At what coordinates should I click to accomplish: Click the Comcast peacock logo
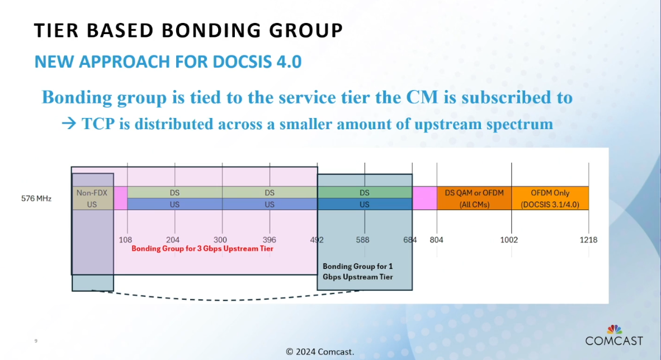[614, 329]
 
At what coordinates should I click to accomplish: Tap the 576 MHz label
[36, 198]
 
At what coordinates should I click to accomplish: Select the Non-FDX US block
[92, 198]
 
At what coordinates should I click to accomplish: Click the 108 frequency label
[125, 240]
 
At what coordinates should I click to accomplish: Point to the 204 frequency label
[173, 240]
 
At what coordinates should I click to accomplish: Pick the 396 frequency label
[270, 240]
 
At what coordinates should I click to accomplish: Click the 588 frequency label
[362, 240]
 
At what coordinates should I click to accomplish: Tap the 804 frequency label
[436, 240]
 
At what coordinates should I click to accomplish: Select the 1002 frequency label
[509, 240]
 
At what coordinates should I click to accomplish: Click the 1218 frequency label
[588, 240]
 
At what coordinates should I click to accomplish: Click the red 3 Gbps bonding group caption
[202, 249]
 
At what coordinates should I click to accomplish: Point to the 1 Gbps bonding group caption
[358, 272]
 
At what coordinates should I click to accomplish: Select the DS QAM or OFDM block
[474, 198]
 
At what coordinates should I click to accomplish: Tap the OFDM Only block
[550, 198]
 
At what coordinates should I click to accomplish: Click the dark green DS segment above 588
[365, 193]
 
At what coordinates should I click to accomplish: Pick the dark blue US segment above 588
[365, 204]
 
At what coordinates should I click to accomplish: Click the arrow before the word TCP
[69, 124]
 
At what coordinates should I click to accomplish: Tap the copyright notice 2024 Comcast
[320, 352]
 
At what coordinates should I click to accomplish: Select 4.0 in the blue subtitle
[289, 61]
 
